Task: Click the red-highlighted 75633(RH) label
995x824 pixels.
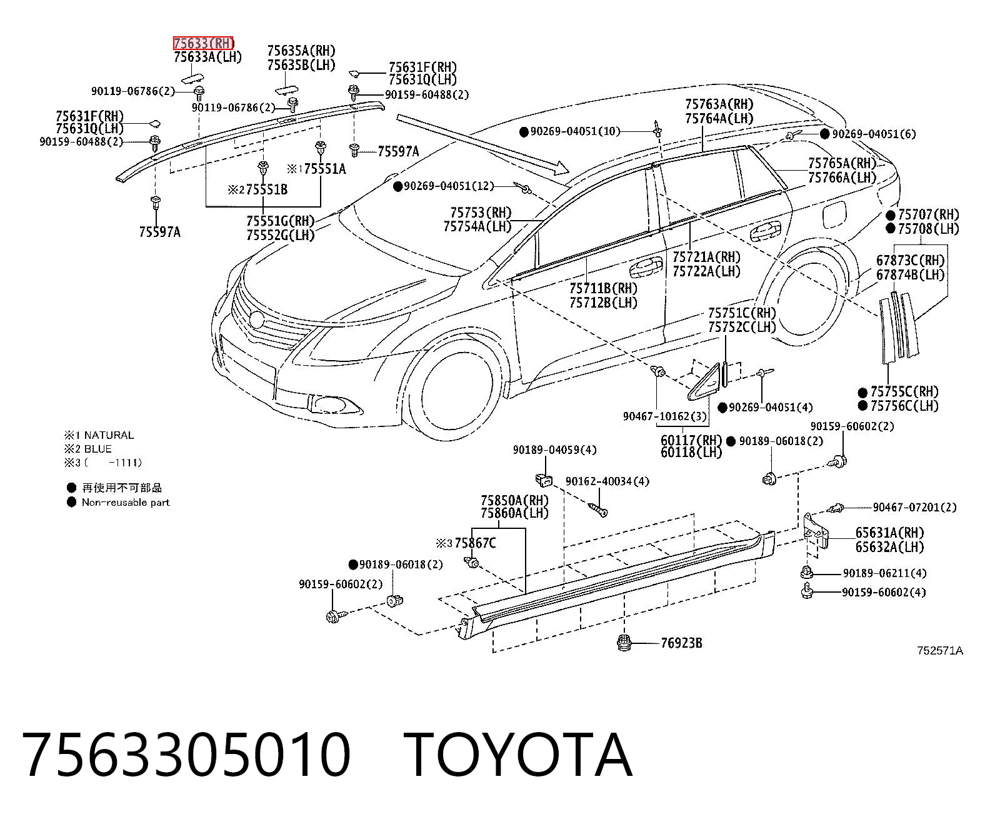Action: pos(204,43)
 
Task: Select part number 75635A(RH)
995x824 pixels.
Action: pos(301,51)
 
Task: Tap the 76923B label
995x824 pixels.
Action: pos(681,643)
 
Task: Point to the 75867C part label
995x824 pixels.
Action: pos(475,543)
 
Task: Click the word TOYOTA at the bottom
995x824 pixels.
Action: pos(518,756)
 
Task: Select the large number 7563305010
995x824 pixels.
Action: pos(186,756)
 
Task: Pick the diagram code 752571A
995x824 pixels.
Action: pos(940,650)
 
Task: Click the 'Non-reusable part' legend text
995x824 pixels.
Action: pos(126,502)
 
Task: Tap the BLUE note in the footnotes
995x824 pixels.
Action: pos(97,449)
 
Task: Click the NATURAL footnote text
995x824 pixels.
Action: pos(109,435)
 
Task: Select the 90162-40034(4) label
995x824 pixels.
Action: pos(607,481)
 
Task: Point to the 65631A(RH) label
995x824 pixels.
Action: pos(889,533)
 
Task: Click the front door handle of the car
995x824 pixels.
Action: pos(646,268)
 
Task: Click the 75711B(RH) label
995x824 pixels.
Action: pos(603,288)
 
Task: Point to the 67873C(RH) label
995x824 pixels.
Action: pos(910,261)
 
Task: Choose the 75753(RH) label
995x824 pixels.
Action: pos(481,212)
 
